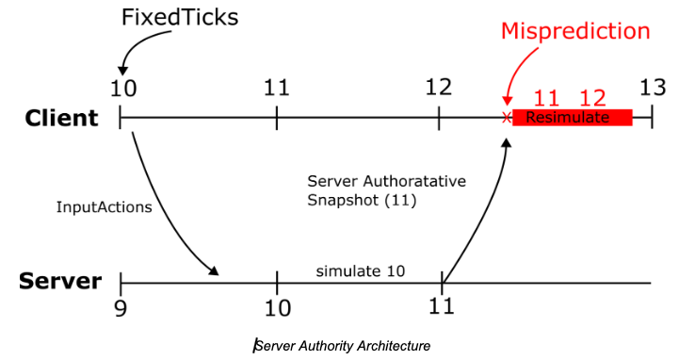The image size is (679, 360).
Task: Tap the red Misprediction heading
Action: tap(574, 31)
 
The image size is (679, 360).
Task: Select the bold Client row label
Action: tap(61, 118)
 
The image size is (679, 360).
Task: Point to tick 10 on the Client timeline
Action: tap(122, 88)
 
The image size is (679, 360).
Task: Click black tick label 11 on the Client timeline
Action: tap(276, 88)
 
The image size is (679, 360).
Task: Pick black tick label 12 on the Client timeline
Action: tap(438, 88)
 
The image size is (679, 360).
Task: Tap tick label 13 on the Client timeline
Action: tap(652, 88)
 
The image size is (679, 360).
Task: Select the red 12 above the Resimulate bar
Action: tap(592, 97)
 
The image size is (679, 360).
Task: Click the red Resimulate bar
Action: tap(572, 118)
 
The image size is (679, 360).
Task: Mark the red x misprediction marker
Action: tap(507, 118)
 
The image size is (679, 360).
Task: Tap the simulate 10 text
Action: tap(360, 270)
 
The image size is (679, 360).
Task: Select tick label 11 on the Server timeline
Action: tap(442, 306)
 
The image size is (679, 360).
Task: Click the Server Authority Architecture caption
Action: tap(343, 346)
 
